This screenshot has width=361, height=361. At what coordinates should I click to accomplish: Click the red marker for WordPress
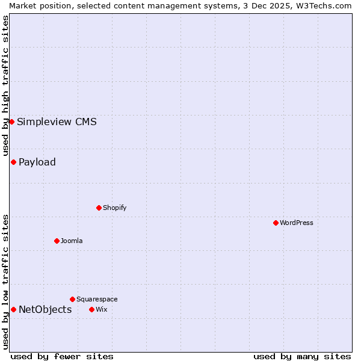click(276, 223)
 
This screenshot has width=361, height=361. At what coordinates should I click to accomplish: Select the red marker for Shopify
click(99, 208)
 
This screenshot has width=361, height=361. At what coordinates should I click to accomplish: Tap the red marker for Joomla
click(57, 241)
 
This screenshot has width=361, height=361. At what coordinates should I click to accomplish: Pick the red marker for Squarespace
click(72, 299)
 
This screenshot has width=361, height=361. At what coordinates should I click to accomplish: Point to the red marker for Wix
click(91, 309)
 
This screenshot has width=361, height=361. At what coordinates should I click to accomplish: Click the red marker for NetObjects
click(13, 309)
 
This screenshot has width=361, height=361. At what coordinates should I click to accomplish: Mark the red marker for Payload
click(13, 162)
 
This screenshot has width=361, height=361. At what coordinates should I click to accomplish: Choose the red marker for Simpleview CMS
click(11, 122)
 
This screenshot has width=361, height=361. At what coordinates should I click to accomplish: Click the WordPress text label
click(297, 223)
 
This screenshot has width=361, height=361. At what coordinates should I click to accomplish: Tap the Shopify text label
click(115, 208)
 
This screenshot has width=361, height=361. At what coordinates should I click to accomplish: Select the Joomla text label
click(72, 241)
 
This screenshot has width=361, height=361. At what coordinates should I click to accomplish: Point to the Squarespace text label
click(97, 299)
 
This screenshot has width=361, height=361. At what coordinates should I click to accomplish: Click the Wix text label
click(101, 309)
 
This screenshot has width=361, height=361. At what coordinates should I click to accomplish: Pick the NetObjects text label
click(45, 310)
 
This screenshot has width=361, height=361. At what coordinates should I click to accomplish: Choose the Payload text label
click(37, 162)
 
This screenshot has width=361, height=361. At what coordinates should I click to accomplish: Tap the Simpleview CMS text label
click(57, 122)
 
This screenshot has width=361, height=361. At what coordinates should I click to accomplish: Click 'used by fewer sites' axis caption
click(62, 356)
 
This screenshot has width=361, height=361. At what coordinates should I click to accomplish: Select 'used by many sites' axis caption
click(302, 356)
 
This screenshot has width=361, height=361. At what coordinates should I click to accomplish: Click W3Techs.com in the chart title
click(319, 5)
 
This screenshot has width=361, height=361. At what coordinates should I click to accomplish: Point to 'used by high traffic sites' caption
click(5, 86)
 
